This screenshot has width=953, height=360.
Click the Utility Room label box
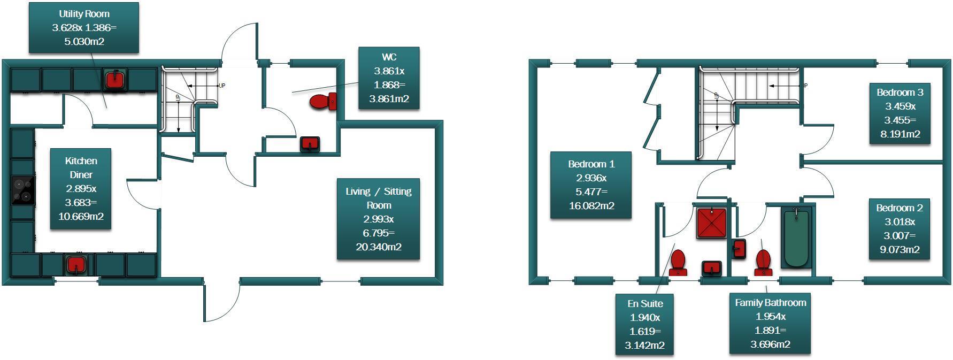[x=84, y=27]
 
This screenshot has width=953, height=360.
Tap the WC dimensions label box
[x=388, y=78]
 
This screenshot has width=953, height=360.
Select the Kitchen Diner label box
[x=81, y=188]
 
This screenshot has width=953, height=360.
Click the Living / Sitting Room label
[x=378, y=218]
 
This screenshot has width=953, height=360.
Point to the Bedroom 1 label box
[x=591, y=185]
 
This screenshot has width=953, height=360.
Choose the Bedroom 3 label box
[x=900, y=113]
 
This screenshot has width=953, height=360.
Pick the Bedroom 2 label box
[x=900, y=228]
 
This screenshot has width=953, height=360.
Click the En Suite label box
[x=644, y=324]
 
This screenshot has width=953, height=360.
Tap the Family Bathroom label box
[x=770, y=323]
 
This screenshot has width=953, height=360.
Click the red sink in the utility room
[x=114, y=80]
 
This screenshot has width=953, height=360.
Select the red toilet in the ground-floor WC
[x=322, y=101]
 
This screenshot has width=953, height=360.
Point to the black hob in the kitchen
[x=23, y=190]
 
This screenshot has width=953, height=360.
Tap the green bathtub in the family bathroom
[x=797, y=238]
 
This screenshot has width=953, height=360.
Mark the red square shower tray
[x=711, y=223]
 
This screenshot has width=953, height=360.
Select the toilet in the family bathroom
[x=764, y=262]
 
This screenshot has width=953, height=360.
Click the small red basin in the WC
[x=310, y=144]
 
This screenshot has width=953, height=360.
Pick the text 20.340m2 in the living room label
[x=378, y=247]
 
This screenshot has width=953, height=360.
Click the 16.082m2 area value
[x=591, y=205]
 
